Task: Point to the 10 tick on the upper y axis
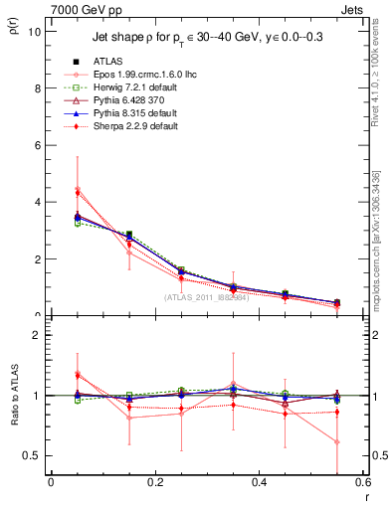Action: (x=34, y=31)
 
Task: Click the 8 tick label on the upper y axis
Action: (x=37, y=87)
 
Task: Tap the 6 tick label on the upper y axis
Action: (x=37, y=145)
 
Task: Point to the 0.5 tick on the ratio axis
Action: (x=32, y=455)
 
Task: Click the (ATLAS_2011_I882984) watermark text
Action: (x=207, y=297)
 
